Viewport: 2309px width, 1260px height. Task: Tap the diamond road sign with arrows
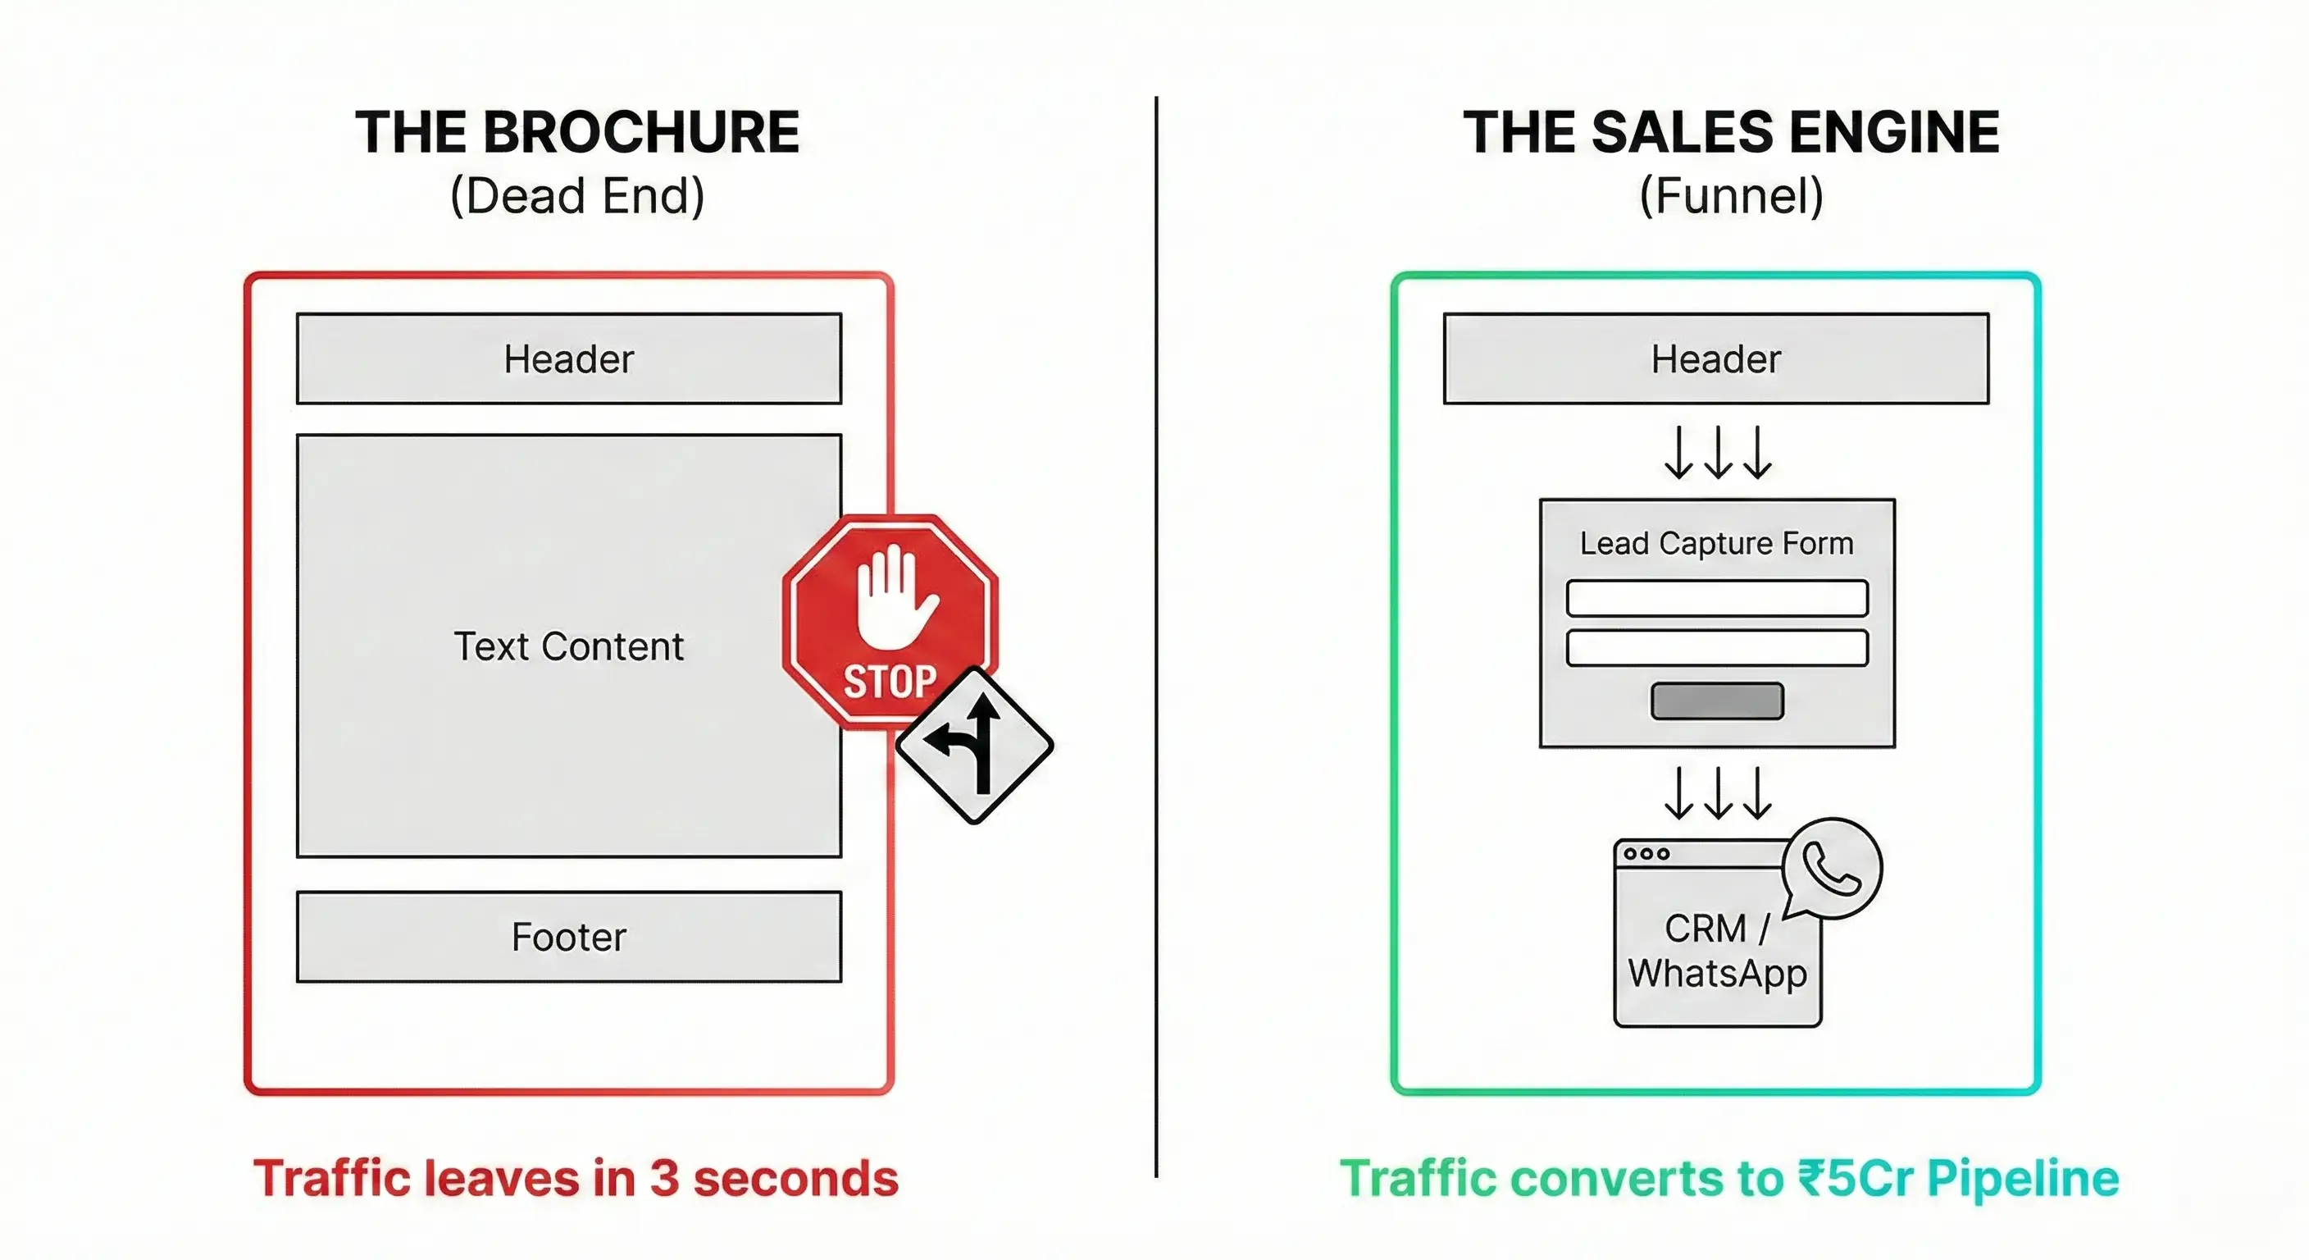coord(974,745)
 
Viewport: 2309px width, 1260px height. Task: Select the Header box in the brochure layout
coord(568,358)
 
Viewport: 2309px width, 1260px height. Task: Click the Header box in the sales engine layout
coord(1715,358)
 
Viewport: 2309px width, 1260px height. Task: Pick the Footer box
coord(568,936)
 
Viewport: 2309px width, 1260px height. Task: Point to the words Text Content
coord(568,646)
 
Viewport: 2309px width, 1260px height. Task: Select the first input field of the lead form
coord(1716,598)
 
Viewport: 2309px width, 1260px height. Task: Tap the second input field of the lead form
coord(1716,647)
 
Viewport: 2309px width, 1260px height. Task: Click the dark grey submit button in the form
coord(1716,701)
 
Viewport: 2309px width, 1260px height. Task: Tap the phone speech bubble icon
coord(1831,868)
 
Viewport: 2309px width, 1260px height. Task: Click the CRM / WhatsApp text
coord(1716,951)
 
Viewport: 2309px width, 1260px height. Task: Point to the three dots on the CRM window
coord(1647,854)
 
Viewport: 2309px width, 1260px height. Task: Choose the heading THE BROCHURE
coord(577,133)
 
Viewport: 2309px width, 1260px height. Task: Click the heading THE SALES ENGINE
coord(1731,133)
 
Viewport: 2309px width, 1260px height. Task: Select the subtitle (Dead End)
coord(577,195)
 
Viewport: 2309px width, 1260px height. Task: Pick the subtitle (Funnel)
coord(1731,195)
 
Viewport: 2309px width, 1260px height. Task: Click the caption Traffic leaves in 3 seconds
coord(576,1177)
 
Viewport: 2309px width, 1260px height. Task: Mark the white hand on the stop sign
coord(894,596)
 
